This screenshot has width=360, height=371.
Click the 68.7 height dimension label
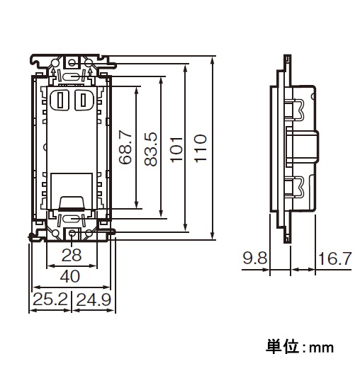tap(125, 148)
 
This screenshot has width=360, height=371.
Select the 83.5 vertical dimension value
tap(151, 149)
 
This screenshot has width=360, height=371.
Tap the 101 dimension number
tap(176, 149)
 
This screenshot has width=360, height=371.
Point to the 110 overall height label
tap(201, 149)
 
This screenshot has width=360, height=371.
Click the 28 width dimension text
tap(72, 256)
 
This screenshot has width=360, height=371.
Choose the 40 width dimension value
tap(70, 276)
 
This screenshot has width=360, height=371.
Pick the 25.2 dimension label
tap(50, 299)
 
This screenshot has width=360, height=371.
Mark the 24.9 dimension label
tap(94, 299)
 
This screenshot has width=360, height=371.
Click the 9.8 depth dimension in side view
tap(255, 258)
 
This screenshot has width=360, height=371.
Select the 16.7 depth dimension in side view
tap(334, 258)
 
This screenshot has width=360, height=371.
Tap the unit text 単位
tap(282, 347)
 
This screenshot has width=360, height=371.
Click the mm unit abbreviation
tap(322, 348)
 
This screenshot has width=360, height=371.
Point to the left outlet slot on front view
tap(60, 100)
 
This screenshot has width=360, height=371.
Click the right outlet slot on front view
tap(84, 100)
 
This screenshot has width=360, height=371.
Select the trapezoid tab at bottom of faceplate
tap(72, 203)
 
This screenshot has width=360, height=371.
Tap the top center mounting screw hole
tap(72, 63)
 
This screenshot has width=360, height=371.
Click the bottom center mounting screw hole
tap(72, 233)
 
